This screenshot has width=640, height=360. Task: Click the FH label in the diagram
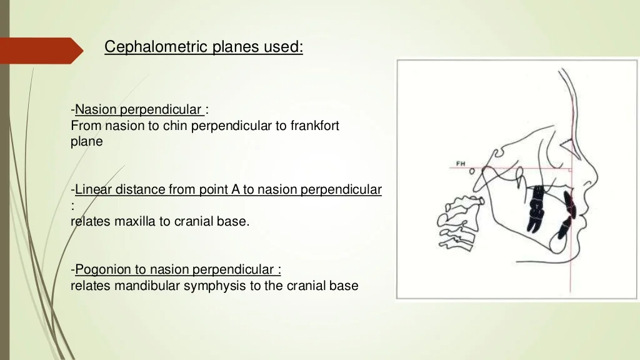[461, 164]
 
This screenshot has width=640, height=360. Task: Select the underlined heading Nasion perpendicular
[138, 110]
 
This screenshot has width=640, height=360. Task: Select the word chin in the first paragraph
[176, 126]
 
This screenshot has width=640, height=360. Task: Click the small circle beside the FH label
[472, 170]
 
